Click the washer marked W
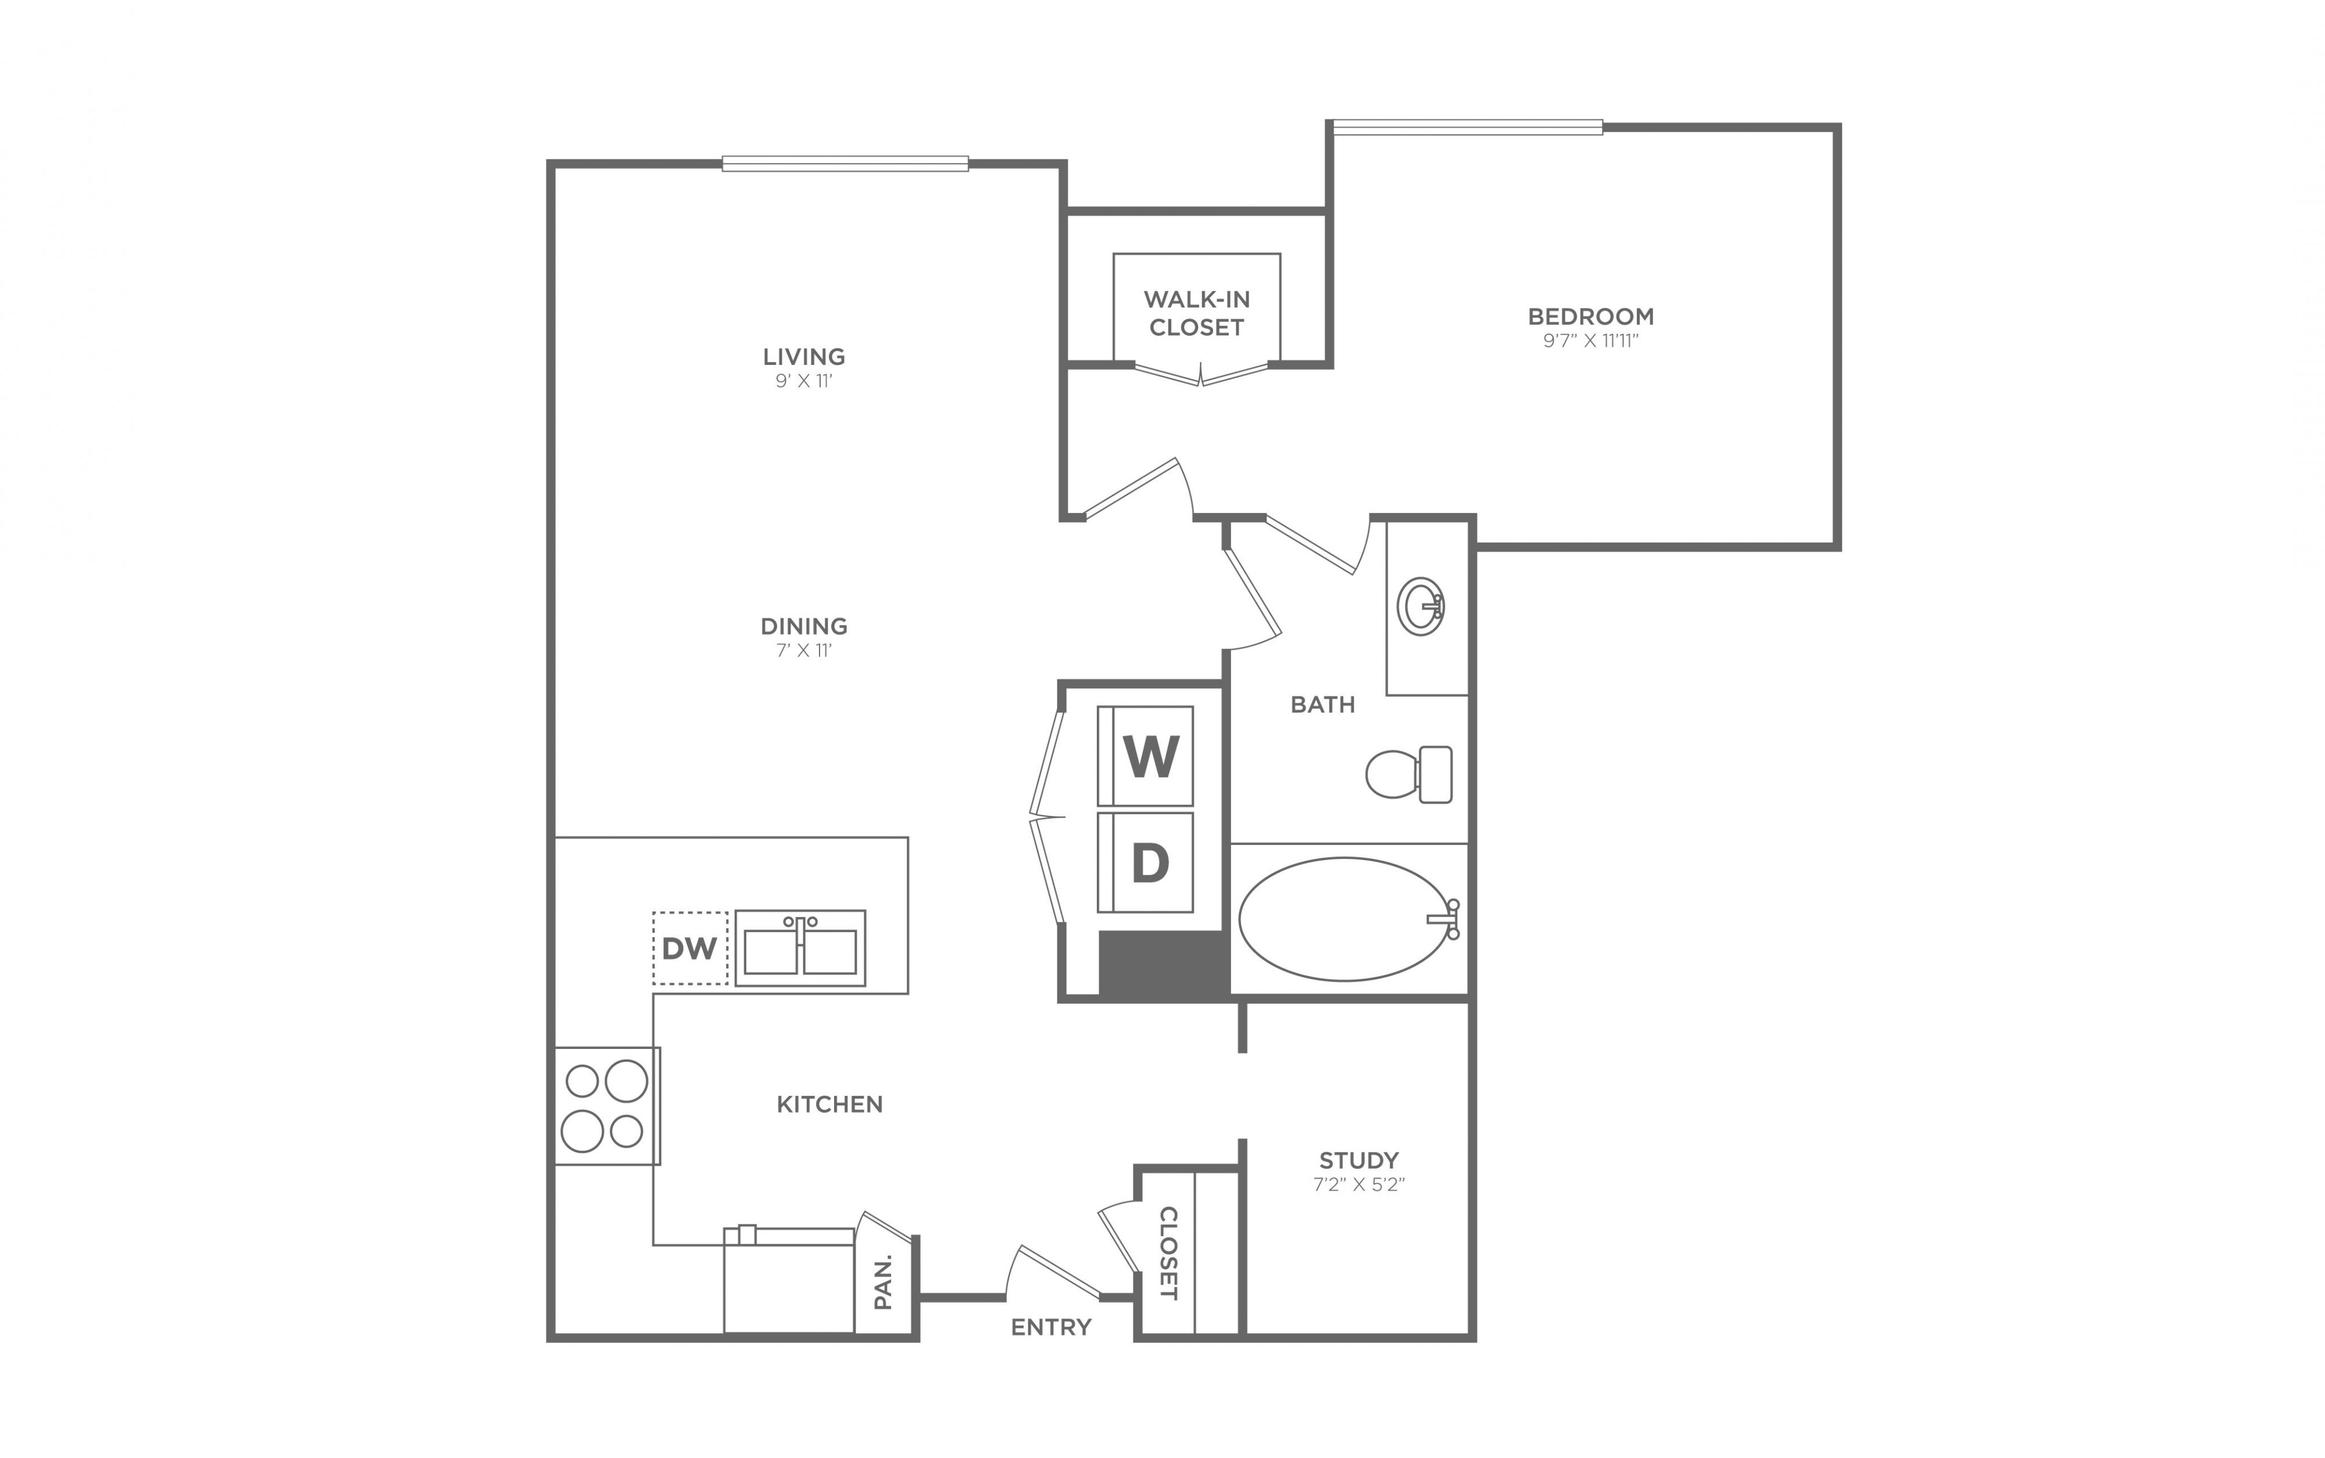[1146, 756]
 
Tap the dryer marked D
[1146, 862]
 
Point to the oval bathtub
[1344, 919]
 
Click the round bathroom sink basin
[1421, 607]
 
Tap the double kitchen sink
[800, 948]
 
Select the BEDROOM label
[1591, 316]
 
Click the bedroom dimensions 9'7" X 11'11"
[1591, 341]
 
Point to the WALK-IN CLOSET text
[1197, 313]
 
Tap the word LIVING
[804, 357]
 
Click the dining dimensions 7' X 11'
[804, 651]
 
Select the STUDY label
[1359, 1160]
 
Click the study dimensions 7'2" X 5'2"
[1359, 1185]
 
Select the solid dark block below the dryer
[1164, 964]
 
